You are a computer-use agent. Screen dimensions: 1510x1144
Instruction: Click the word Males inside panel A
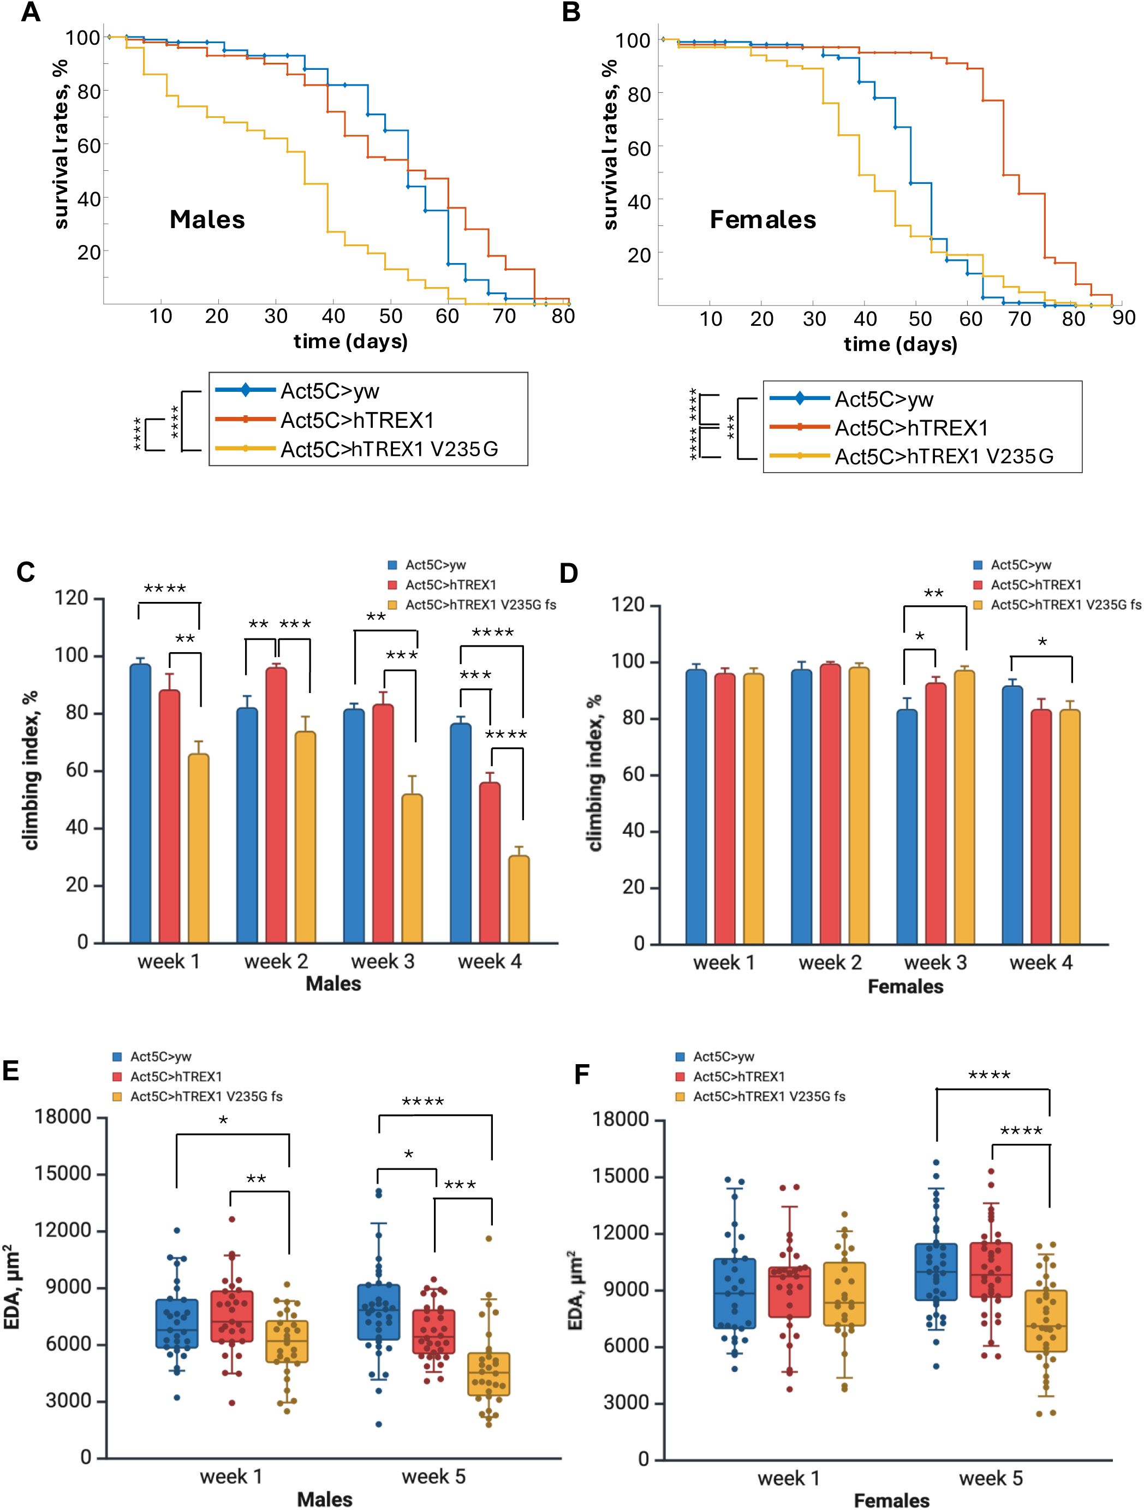click(207, 219)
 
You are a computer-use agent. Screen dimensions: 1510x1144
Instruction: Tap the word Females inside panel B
click(762, 219)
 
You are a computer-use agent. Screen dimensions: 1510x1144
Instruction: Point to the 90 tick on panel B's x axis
click(1123, 319)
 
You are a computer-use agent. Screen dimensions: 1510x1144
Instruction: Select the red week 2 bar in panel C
click(276, 805)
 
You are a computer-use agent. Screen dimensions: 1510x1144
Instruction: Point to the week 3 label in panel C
click(383, 962)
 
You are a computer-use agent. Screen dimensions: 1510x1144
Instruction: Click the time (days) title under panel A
click(350, 341)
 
